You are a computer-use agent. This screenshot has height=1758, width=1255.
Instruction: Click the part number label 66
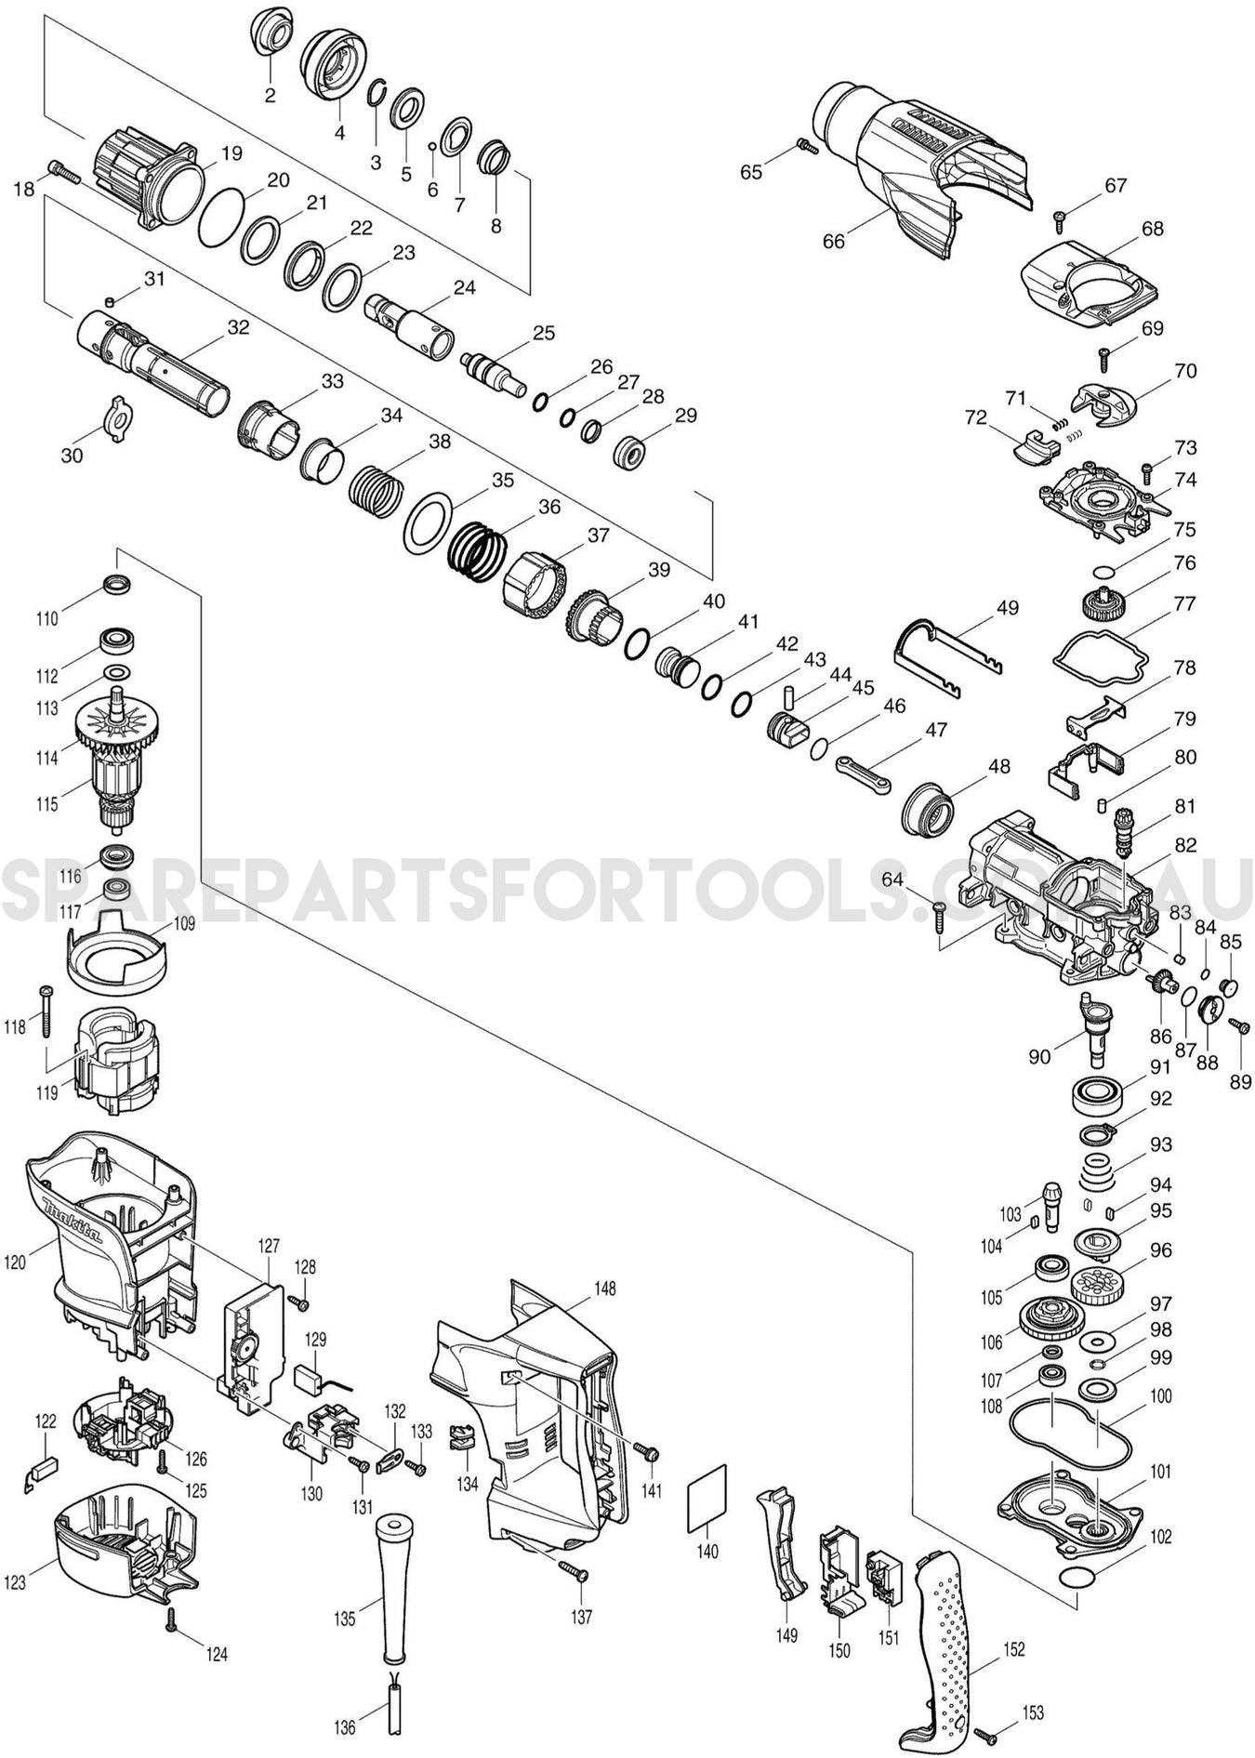(833, 242)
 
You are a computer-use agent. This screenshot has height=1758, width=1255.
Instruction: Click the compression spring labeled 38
(376, 487)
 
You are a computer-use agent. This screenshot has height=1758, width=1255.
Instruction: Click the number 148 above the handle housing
(605, 1289)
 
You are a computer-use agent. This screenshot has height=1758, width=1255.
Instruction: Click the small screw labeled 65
(806, 146)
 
